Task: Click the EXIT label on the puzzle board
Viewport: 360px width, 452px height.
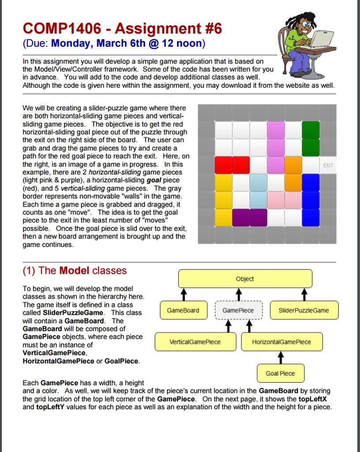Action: click(328, 166)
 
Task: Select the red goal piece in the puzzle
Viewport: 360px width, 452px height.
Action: click(232, 165)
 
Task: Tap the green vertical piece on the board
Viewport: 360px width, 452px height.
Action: click(311, 139)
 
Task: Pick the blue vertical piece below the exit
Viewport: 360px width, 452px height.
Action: click(311, 200)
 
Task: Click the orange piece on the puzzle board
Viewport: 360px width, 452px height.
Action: click(293, 174)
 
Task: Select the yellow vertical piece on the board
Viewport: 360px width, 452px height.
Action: click(223, 200)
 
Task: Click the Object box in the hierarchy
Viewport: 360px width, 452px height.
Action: click(245, 279)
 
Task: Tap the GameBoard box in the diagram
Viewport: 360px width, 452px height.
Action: click(183, 310)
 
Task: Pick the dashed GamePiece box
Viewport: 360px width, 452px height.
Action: click(238, 310)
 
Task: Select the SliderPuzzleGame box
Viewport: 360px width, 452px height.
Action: click(304, 310)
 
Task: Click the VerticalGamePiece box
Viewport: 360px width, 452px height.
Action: click(195, 342)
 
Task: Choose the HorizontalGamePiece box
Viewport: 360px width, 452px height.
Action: click(281, 342)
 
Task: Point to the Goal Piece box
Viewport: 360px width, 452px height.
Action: click(280, 373)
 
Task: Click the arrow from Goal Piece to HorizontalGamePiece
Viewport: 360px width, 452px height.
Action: click(280, 357)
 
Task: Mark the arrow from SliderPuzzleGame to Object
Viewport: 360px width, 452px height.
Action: click(304, 294)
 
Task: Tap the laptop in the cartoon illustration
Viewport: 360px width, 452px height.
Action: click(321, 39)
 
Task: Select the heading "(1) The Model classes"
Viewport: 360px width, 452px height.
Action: click(75, 271)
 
